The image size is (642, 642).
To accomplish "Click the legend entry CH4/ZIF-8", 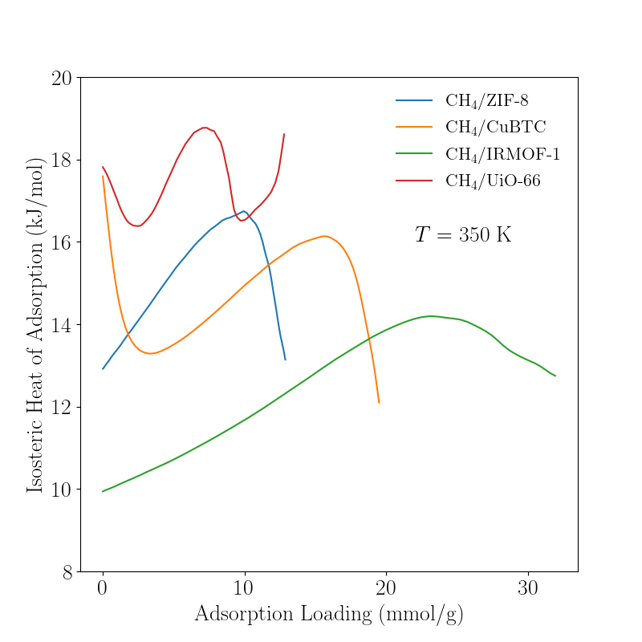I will (486, 101).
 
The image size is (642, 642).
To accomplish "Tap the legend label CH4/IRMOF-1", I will (502, 154).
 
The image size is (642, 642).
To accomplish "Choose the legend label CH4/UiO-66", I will (493, 181).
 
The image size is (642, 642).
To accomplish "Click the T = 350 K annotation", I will (463, 235).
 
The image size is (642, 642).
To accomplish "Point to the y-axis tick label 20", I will (61, 78).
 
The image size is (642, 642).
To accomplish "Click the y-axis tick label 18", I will (61, 160).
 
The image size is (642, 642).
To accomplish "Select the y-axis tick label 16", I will (61, 242).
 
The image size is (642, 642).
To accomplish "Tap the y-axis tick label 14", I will (61, 325).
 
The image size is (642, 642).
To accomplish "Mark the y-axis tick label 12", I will (61, 408).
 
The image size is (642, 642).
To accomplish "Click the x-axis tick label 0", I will (103, 587).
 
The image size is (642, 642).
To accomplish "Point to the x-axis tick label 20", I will (386, 587).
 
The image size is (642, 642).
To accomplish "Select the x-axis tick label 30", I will (528, 587).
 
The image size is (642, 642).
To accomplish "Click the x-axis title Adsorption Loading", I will (329, 614).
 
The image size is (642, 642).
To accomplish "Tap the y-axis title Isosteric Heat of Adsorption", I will (35, 325).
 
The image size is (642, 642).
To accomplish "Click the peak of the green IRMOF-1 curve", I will (431, 316).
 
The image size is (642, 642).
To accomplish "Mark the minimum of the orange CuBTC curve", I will (149, 353).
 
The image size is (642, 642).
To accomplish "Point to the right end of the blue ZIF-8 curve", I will (285, 360).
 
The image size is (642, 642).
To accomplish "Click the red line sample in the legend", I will (414, 181).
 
